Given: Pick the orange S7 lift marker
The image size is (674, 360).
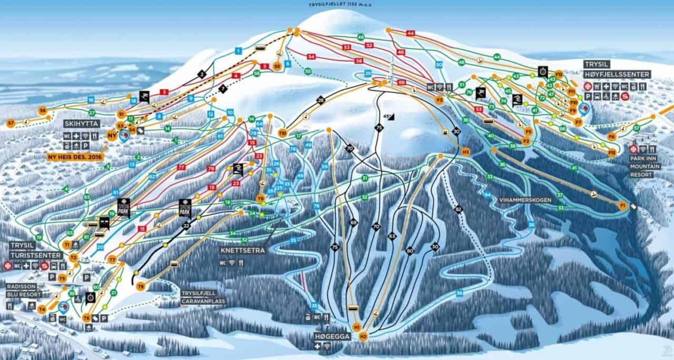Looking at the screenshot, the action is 11,123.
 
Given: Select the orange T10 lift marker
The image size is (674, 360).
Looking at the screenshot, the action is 283,133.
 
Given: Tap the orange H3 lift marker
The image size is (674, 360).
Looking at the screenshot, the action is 465,152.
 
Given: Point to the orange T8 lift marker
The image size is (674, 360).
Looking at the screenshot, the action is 141,286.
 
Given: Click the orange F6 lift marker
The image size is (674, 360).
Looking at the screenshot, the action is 612,136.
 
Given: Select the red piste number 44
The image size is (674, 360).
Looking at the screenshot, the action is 411,33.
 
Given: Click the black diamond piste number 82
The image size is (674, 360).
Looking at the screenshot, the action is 458,209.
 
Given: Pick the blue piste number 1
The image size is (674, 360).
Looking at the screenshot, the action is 238,51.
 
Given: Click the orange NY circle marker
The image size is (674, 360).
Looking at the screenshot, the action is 112,135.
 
